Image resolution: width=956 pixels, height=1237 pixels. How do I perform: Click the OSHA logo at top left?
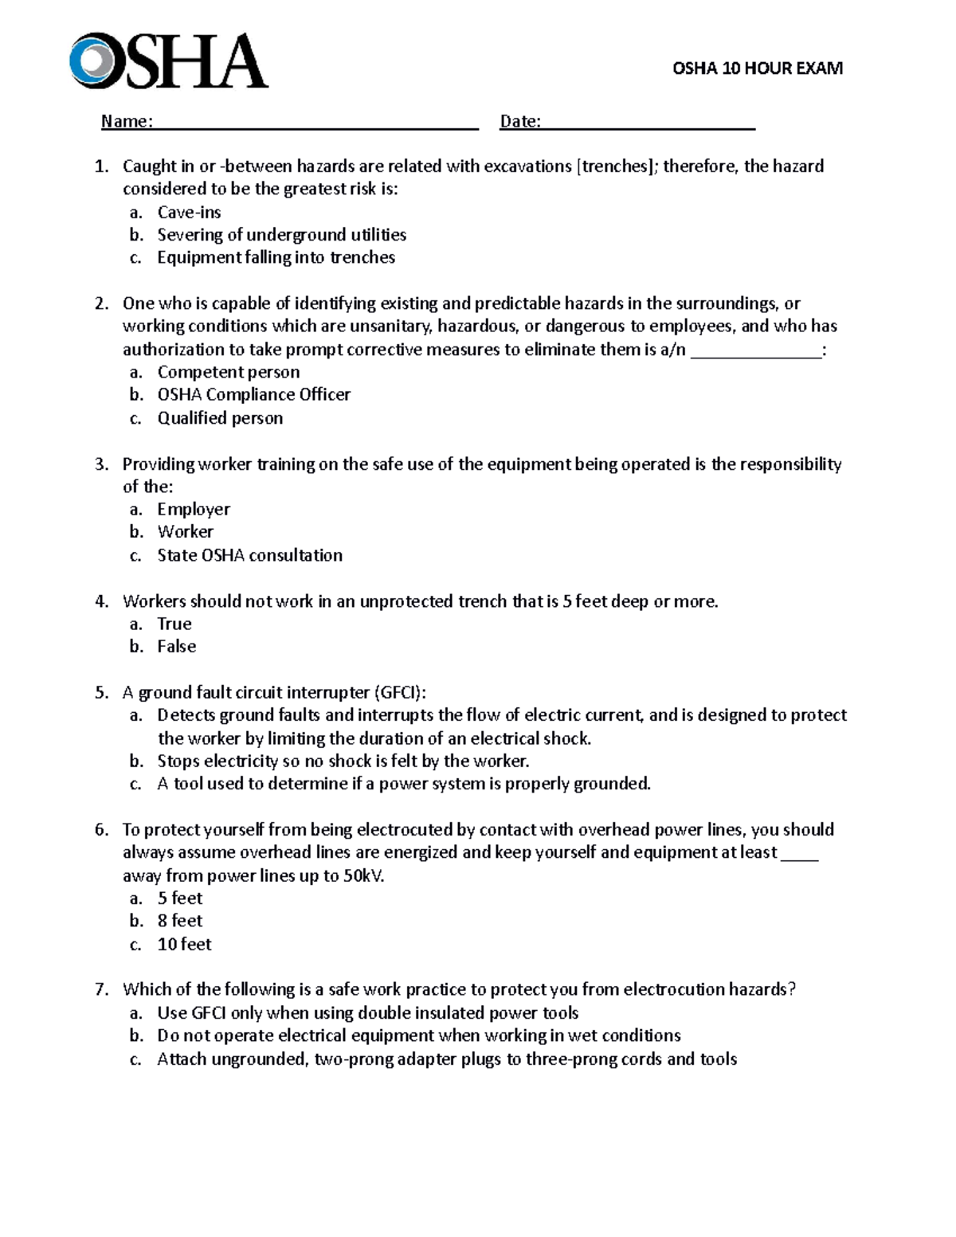pos(168,61)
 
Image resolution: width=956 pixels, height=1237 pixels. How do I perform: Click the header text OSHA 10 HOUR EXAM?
pos(757,69)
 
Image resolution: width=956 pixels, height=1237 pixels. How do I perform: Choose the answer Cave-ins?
pos(189,213)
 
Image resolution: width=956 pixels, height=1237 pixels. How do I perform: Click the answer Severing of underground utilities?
pos(281,235)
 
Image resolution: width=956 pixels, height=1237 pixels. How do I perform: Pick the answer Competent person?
pos(228,372)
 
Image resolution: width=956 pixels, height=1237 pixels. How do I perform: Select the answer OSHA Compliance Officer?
pos(253,395)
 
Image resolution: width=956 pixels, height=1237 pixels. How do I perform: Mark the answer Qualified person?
pos(220,418)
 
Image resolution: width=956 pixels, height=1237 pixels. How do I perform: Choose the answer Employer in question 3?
pos(194,509)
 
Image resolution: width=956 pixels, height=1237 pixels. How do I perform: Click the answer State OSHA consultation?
pos(249,555)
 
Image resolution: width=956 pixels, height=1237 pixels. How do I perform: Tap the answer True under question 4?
pos(174,624)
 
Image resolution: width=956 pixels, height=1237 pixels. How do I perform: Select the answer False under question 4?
pos(176,647)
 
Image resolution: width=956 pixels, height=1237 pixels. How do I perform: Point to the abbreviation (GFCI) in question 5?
pos(405,692)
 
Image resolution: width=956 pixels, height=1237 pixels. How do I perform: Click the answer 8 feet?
pos(180,921)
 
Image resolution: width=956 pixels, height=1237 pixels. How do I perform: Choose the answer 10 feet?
pos(184,945)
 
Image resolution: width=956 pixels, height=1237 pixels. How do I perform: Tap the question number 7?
pos(101,990)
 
